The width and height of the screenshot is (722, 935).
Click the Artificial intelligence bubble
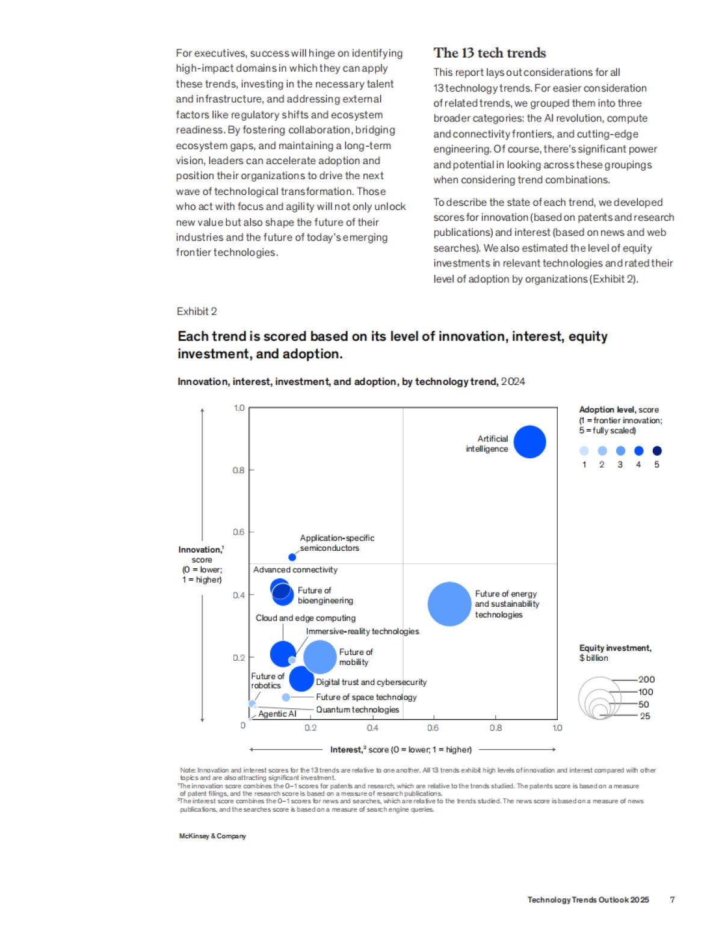529,442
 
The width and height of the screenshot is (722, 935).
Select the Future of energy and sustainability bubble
449,604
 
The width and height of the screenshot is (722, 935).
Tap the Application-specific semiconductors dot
292,557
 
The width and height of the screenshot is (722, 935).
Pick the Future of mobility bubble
320,657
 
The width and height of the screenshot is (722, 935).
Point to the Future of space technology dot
286,697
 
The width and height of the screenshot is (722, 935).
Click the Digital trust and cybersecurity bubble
301,679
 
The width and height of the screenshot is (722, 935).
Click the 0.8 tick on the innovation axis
239,470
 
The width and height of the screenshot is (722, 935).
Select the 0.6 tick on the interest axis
433,728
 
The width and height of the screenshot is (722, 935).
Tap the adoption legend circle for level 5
657,451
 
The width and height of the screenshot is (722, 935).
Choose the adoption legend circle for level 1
584,451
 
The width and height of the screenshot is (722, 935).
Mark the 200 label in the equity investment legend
647,679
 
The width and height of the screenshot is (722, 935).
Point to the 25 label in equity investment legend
645,716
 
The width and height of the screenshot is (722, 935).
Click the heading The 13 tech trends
490,53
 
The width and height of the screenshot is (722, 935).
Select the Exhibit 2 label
197,311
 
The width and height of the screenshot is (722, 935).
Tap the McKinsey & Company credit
212,836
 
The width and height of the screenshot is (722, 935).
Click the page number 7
672,900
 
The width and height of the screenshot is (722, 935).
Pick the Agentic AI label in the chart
277,714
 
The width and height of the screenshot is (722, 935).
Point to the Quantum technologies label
357,710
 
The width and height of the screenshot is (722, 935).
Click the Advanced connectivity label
295,569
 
